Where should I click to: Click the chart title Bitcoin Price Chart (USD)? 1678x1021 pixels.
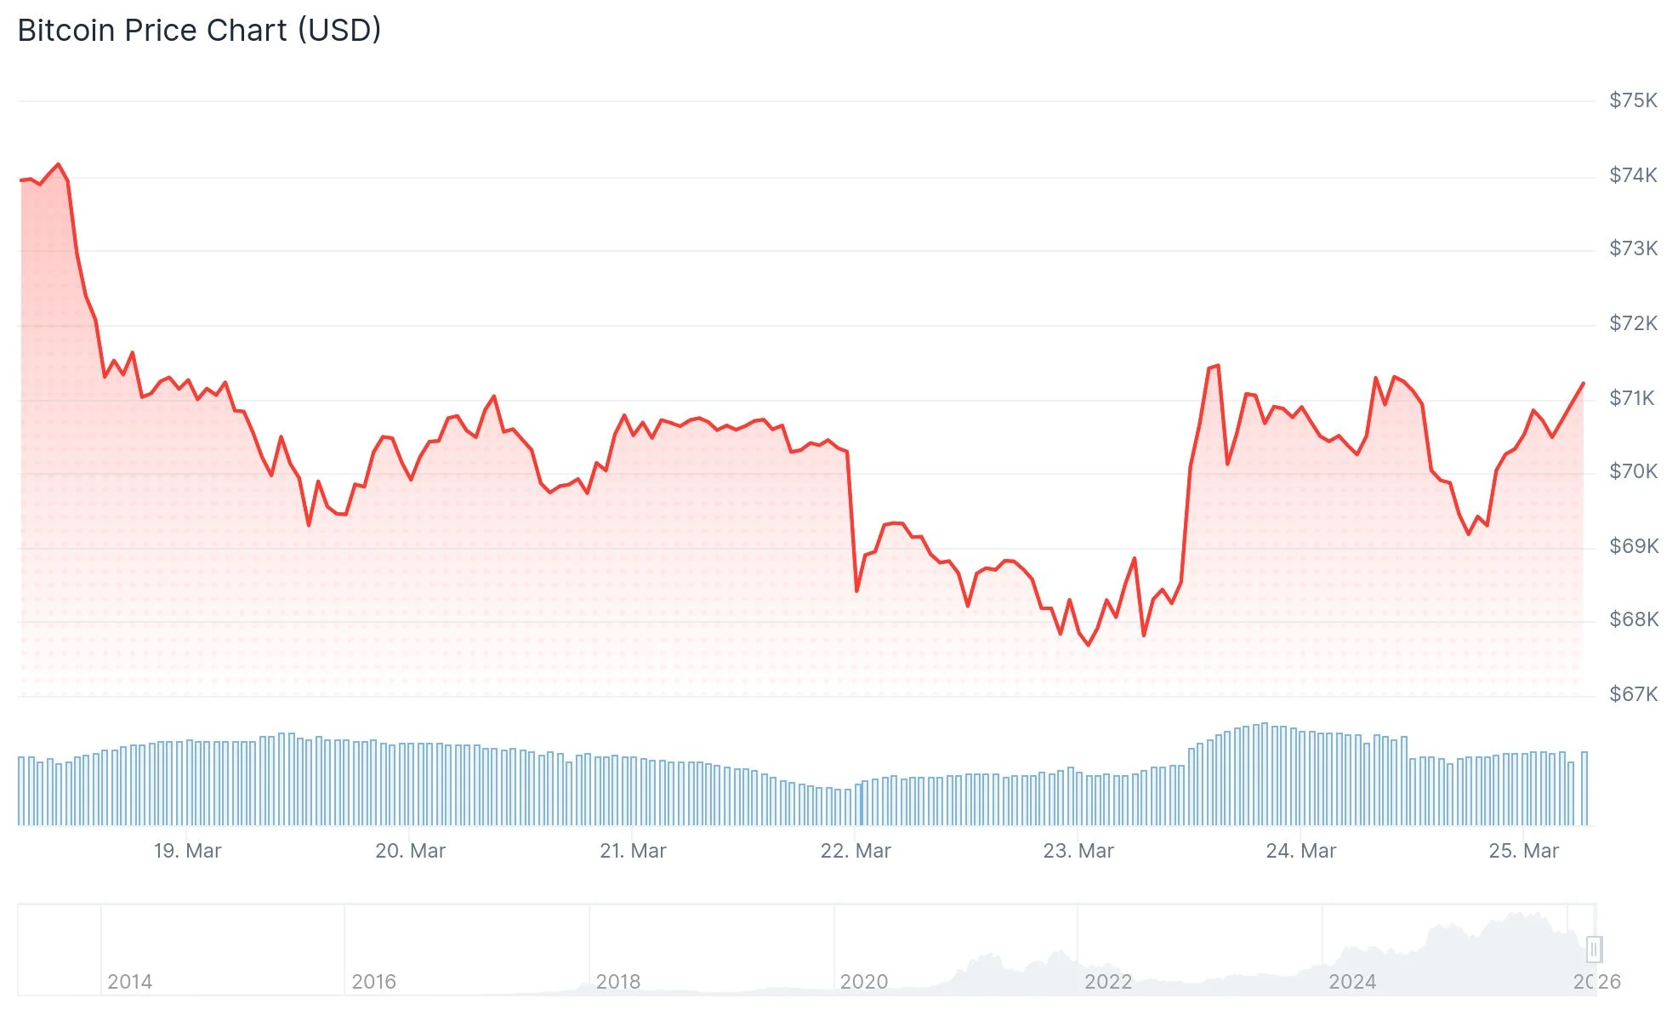[x=199, y=31]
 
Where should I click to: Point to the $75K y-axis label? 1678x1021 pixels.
[x=1632, y=100]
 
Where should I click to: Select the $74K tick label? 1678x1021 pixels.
[x=1632, y=175]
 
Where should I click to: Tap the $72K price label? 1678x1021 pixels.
[x=1632, y=323]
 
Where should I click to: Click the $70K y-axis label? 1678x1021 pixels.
[x=1632, y=471]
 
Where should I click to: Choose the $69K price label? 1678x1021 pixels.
[x=1632, y=546]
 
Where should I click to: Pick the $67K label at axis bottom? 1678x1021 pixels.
[x=1632, y=694]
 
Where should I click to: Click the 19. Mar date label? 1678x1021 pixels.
[x=187, y=851]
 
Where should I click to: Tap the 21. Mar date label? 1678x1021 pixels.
[x=633, y=851]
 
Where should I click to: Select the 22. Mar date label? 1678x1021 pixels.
[x=855, y=851]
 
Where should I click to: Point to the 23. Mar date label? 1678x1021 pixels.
[x=1078, y=851]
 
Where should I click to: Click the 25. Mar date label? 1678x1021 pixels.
[x=1523, y=851]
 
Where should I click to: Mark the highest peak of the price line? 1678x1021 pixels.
[x=58, y=164]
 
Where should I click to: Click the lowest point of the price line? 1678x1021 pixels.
[x=1088, y=645]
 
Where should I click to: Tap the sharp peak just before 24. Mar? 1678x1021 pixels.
[x=1218, y=366]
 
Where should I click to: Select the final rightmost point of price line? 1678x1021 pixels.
[x=1583, y=384]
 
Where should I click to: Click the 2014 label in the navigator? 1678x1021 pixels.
[x=129, y=982]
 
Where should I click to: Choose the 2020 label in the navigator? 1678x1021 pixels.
[x=863, y=982]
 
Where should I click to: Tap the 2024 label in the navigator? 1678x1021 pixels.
[x=1351, y=982]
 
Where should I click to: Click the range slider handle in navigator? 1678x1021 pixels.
[x=1594, y=949]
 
